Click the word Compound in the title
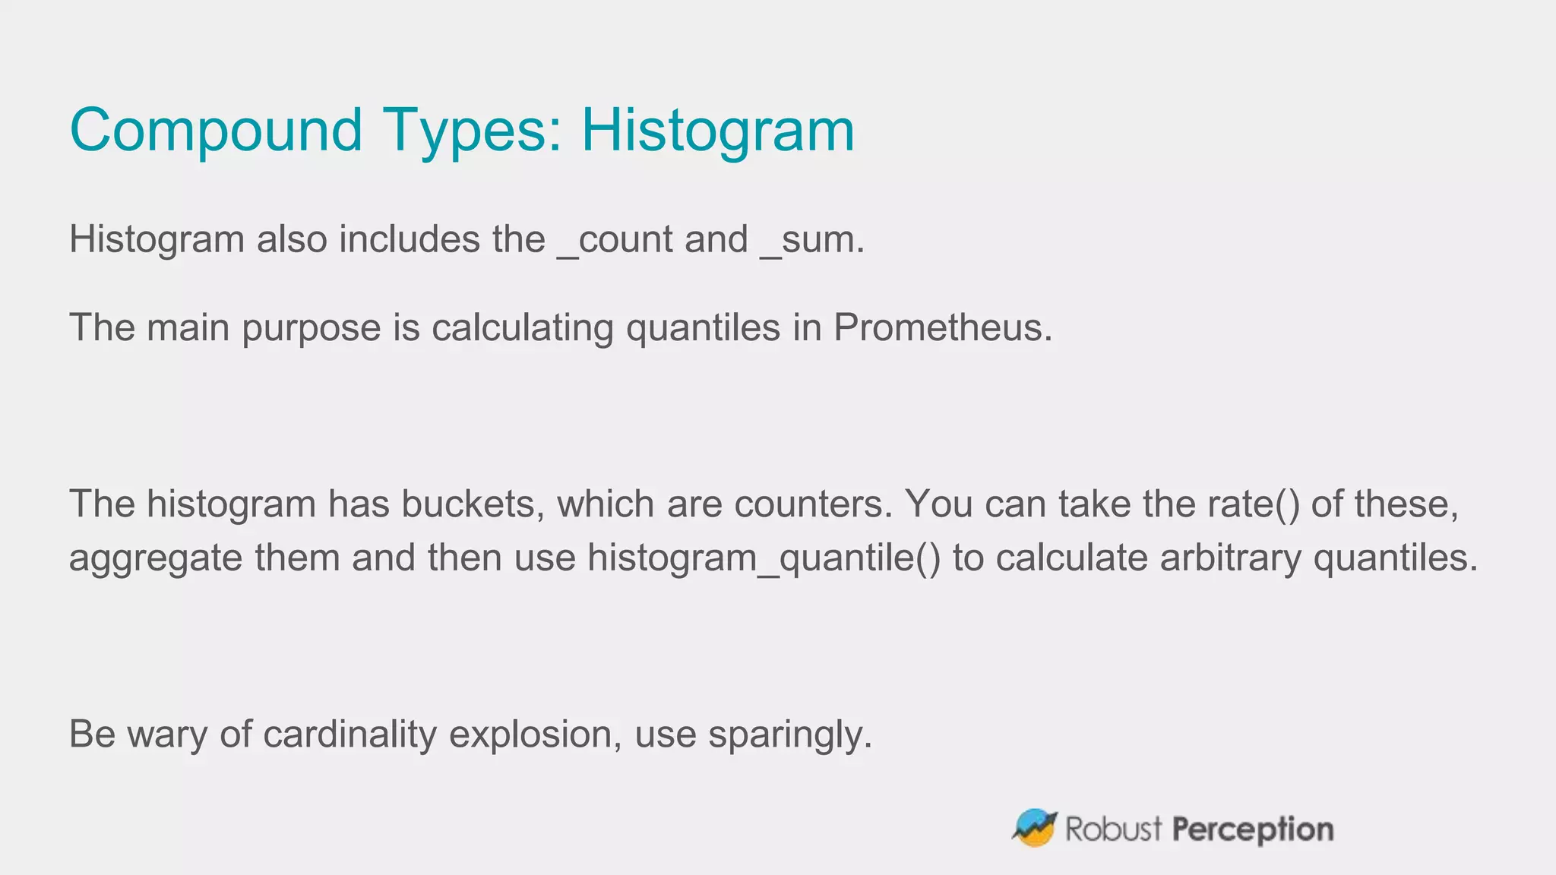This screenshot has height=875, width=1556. [x=216, y=131]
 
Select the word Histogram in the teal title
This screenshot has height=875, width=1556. [x=718, y=131]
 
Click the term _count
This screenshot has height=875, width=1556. [x=615, y=240]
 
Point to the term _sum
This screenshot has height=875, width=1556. [x=811, y=240]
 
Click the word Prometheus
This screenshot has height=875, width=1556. [x=942, y=328]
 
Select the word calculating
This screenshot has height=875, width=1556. [x=522, y=328]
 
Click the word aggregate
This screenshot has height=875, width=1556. [x=156, y=559]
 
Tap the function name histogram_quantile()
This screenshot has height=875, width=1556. [x=764, y=559]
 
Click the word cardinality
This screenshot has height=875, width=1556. [x=349, y=735]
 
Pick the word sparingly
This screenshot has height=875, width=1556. [x=790, y=735]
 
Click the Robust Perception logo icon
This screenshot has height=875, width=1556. [x=1034, y=828]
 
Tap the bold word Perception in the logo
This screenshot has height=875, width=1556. [x=1253, y=829]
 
